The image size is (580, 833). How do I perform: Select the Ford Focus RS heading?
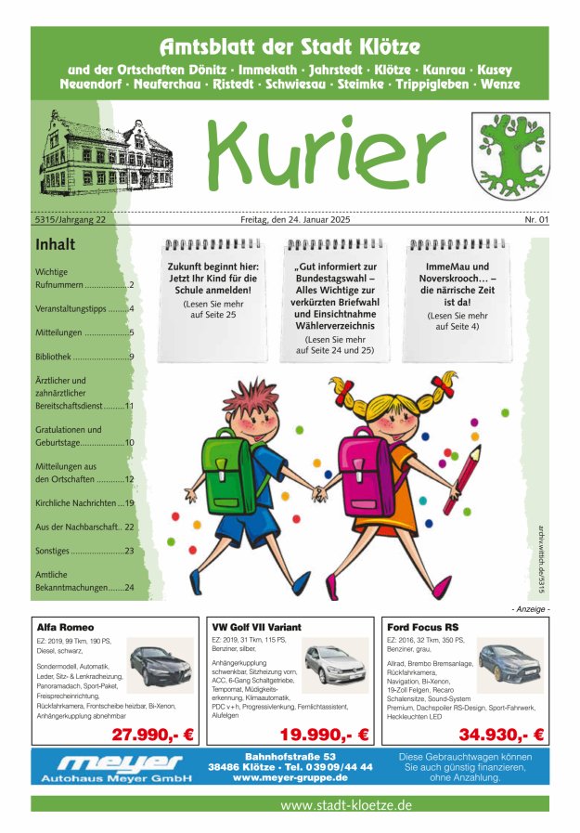pos(425,627)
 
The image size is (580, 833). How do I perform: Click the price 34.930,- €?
pos(501,735)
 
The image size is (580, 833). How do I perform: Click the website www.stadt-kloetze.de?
pos(345,805)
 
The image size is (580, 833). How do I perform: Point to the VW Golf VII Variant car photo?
pos(335,663)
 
